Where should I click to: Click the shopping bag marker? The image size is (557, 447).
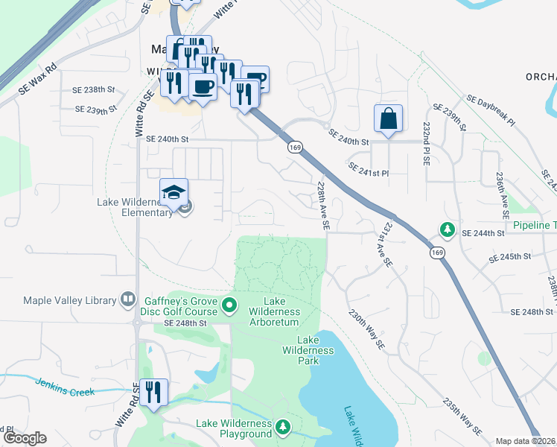point(388,119)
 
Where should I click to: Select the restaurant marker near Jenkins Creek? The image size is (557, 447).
point(153,393)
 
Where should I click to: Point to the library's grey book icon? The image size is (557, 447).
point(127,299)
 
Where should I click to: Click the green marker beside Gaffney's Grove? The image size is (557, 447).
point(229,304)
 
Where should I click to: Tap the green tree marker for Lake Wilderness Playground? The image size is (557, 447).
point(282,427)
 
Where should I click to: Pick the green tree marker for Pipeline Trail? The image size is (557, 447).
point(447,228)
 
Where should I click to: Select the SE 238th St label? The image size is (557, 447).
point(95,89)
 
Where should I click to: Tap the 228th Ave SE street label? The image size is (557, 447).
point(322,206)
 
